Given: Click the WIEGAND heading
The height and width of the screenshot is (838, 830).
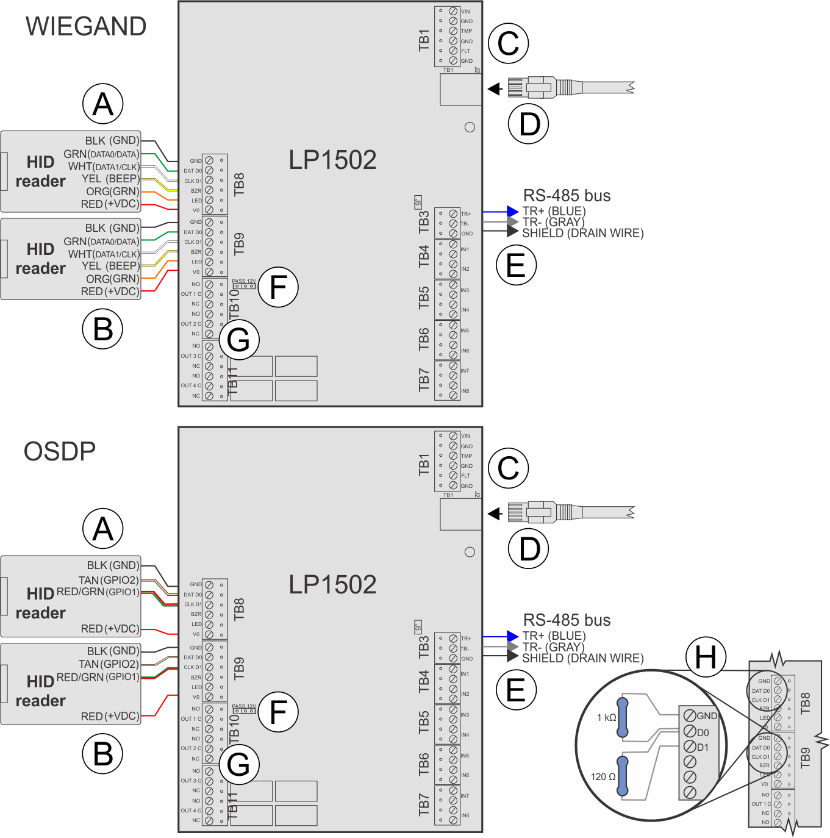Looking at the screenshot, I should [86, 27].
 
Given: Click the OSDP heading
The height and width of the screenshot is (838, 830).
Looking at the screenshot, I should [60, 452].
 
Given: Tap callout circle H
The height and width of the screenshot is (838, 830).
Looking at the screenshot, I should [706, 657].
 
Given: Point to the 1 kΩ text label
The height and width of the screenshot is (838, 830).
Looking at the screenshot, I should [606, 718].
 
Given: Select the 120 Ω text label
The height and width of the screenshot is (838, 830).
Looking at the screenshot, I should [603, 777].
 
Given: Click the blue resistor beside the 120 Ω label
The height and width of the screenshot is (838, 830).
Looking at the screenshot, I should [622, 776].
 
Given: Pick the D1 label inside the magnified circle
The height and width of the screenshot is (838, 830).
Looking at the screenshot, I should [703, 748].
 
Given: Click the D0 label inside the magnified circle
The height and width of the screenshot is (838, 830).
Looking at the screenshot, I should [703, 732].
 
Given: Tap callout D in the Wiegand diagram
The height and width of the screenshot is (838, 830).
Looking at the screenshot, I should [529, 124].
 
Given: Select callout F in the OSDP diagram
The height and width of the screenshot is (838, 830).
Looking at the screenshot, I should [278, 712].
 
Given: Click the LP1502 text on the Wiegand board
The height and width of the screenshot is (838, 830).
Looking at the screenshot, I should [332, 160].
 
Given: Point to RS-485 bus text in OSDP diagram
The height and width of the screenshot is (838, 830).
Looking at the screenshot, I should [567, 620].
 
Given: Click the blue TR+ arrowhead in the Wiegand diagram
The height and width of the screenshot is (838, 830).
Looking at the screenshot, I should [512, 212].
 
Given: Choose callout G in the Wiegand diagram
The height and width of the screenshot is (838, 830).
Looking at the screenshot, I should [238, 340].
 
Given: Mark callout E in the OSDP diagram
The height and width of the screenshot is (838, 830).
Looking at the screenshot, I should [516, 690].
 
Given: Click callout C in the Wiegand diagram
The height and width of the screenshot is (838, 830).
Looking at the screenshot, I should [509, 44].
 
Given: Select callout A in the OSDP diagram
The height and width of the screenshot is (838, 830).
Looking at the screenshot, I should [103, 529].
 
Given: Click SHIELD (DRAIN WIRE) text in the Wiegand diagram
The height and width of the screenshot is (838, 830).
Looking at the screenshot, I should [582, 234].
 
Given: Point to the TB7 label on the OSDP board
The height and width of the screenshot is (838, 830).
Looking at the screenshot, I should [424, 805].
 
